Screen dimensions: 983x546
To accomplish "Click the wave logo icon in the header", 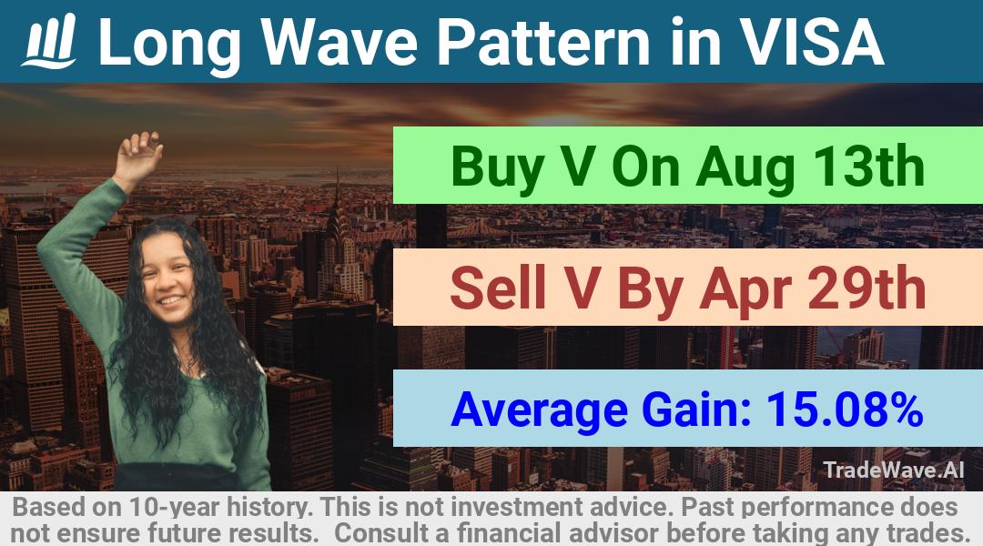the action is click(x=49, y=41).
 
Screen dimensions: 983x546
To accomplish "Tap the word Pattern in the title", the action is click(x=543, y=42).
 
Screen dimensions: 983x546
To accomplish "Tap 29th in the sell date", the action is click(x=866, y=288).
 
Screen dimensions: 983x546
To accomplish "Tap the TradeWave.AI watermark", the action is click(x=894, y=470).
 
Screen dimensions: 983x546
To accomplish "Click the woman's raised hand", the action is click(x=139, y=155).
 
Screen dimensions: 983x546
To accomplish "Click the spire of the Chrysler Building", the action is click(x=338, y=195).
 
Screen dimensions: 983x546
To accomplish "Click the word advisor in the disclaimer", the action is click(x=613, y=533).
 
